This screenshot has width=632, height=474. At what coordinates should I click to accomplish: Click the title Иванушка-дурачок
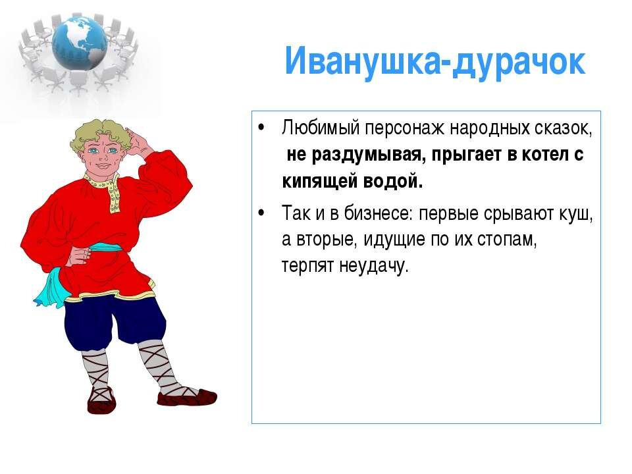[x=434, y=62]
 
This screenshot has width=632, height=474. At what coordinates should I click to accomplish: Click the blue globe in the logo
[x=80, y=42]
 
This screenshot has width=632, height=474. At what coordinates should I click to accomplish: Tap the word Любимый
[x=321, y=128]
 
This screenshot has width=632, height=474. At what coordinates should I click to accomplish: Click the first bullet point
[x=261, y=127]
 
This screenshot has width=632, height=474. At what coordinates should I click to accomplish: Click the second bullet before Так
[x=261, y=213]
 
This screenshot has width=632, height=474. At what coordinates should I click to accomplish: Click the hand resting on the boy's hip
[x=80, y=254]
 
